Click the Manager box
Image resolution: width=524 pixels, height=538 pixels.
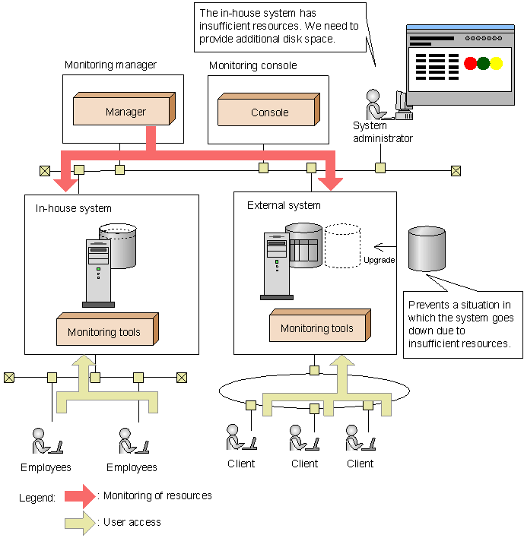point(124,111)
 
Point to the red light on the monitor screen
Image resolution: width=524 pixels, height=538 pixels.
point(470,64)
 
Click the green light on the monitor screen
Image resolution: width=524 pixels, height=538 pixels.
point(483,64)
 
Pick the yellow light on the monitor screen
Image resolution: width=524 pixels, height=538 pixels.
point(496,64)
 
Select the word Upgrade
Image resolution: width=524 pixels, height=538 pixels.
point(379,260)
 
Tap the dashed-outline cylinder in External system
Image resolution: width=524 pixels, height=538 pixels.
point(342,245)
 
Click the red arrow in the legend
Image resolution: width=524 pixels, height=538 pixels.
point(81,496)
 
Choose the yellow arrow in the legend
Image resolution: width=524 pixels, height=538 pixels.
point(81,523)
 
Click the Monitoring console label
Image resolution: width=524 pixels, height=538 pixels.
point(252,65)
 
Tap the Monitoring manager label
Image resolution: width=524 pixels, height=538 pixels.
point(110,65)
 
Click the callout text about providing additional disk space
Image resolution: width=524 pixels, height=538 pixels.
point(278,25)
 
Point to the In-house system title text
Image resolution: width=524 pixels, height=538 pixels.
point(73,207)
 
